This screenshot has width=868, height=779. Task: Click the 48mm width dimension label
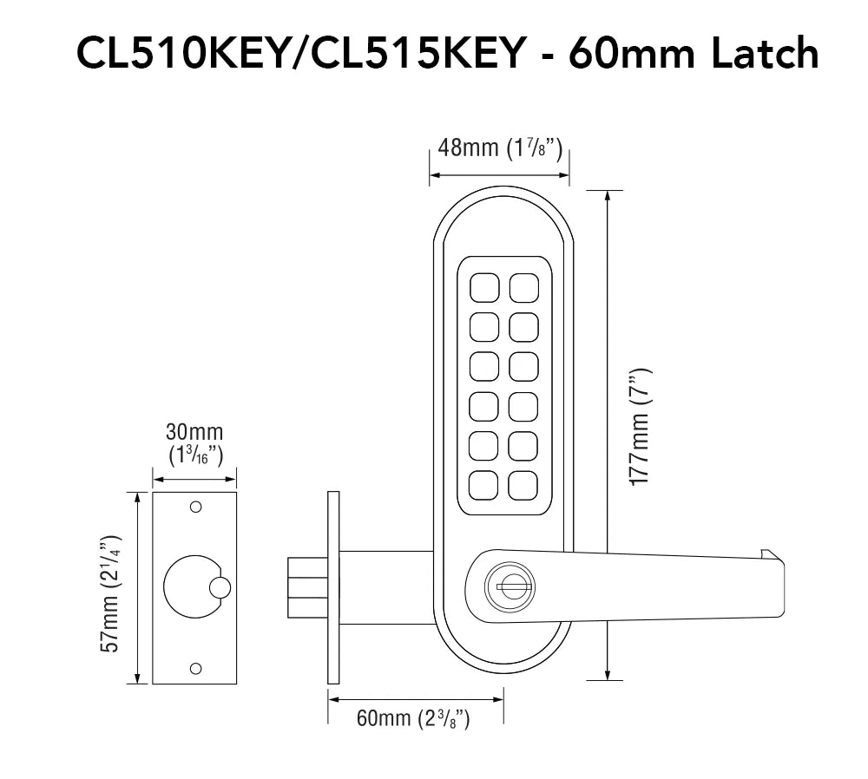click(500, 148)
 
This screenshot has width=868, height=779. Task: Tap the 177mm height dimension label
click(641, 427)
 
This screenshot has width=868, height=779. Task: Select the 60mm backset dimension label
click(413, 718)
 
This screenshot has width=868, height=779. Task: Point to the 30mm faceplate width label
click(194, 444)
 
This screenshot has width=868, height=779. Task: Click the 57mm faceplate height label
click(109, 594)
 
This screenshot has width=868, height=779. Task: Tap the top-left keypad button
click(484, 288)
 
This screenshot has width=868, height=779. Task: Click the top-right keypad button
click(523, 288)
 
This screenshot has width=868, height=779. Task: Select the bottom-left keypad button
click(483, 485)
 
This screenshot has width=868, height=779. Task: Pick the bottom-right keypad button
click(523, 485)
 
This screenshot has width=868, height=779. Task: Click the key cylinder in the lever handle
click(510, 586)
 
